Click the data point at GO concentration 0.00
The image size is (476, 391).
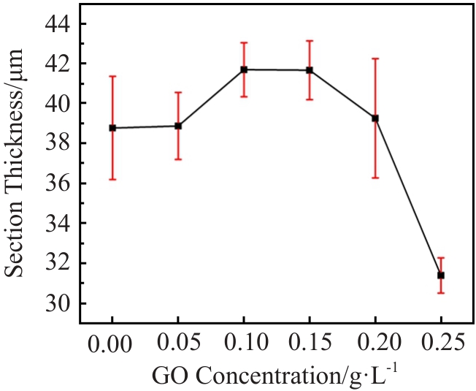click(112, 128)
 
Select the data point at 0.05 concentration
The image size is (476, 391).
click(178, 126)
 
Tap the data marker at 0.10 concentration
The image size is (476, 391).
click(244, 69)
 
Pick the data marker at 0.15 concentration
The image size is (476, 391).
click(310, 70)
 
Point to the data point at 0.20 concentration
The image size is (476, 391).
click(375, 118)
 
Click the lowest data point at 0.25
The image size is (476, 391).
click(440, 275)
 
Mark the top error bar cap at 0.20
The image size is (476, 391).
click(375, 58)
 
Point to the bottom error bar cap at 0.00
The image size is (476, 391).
click(112, 179)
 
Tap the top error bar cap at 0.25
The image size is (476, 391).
click(440, 258)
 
